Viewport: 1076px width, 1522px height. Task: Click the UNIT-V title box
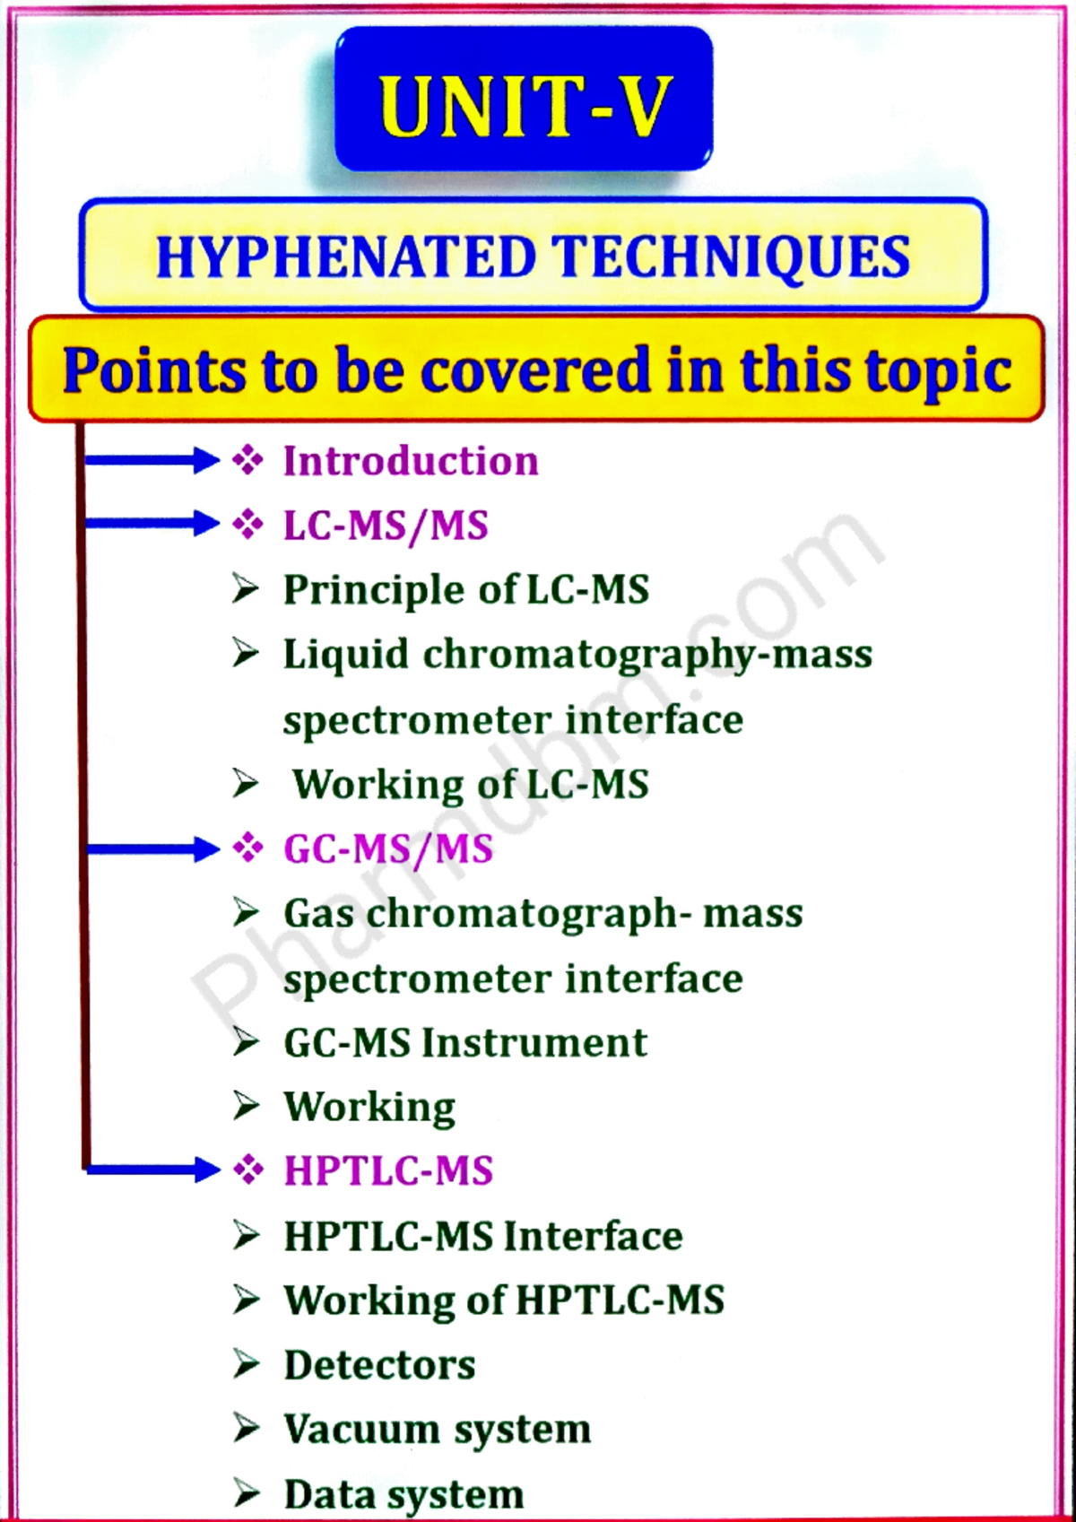tap(524, 99)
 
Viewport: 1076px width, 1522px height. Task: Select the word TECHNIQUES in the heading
tap(731, 258)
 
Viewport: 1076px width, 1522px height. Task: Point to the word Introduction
tap(411, 461)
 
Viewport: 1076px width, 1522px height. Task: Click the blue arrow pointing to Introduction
tap(151, 461)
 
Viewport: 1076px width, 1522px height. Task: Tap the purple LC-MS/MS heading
tap(386, 526)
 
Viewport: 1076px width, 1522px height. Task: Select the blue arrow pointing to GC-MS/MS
tap(152, 849)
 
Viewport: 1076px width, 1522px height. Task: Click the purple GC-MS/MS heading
tap(388, 849)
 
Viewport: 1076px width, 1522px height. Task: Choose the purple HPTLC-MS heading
tap(388, 1170)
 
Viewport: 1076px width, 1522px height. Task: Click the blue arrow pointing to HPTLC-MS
tap(152, 1170)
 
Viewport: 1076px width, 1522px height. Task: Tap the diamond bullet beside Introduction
tap(247, 461)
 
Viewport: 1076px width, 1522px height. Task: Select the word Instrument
tap(534, 1043)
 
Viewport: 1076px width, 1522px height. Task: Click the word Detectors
tap(379, 1365)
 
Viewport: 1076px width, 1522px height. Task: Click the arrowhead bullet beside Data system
tap(246, 1493)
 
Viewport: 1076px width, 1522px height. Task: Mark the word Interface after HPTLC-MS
tap(593, 1236)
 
